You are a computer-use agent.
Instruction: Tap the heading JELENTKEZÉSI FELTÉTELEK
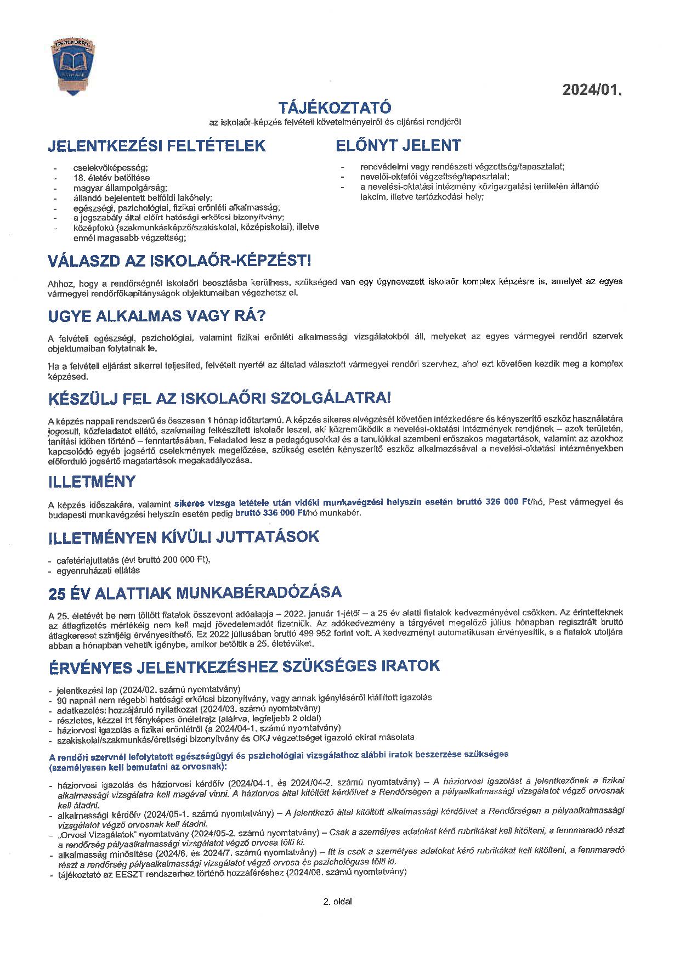pos(157,146)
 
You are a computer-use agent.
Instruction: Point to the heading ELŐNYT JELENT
pos(398,145)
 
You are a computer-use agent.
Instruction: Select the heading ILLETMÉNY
pos(92,482)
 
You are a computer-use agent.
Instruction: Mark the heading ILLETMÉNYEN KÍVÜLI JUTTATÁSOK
pos(184,536)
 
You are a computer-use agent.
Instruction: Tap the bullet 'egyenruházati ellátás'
pos(98,570)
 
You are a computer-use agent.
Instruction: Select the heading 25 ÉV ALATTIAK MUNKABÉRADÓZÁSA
pos(195,593)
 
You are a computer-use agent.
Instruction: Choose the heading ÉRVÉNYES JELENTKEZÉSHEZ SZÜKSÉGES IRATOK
pos(244,666)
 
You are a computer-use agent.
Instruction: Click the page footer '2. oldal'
pos(338,902)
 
